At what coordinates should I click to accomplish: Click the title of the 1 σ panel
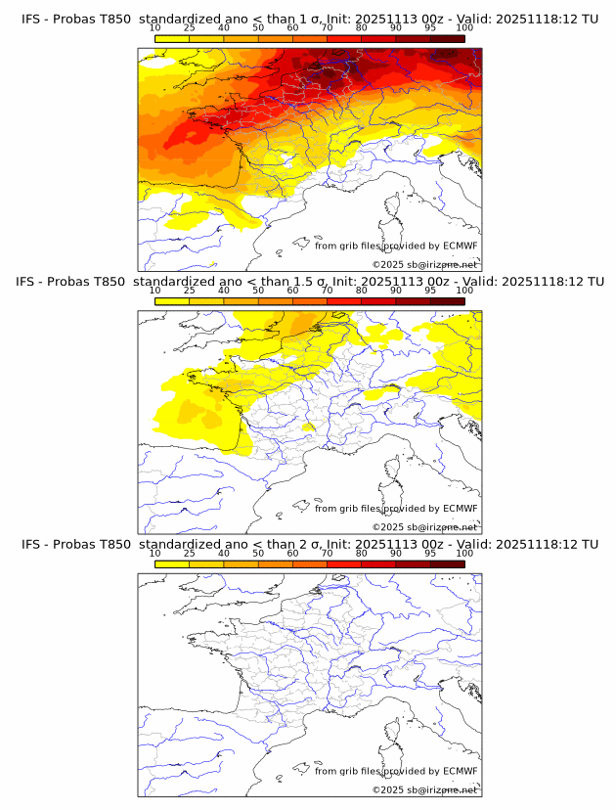tap(309, 19)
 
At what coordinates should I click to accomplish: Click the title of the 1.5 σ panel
tap(309, 282)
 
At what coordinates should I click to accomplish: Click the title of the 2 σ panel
tap(309, 545)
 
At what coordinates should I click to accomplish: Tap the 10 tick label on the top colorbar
tap(155, 28)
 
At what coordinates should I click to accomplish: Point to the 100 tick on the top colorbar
tap(464, 28)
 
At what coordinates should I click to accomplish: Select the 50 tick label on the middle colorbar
tap(258, 292)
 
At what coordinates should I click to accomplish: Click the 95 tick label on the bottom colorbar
tap(430, 555)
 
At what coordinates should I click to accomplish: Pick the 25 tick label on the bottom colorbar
tap(190, 555)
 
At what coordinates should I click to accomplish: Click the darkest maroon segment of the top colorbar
tap(447, 38)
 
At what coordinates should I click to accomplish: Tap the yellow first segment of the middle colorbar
tap(172, 301)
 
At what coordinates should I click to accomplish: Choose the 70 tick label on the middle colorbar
tap(327, 292)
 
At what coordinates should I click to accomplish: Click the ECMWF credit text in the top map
tap(396, 247)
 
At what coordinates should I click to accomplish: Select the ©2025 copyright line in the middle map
tap(424, 527)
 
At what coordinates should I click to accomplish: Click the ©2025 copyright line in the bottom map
tap(424, 790)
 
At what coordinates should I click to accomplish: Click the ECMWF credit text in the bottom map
tap(396, 772)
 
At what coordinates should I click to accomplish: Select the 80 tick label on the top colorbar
tap(362, 28)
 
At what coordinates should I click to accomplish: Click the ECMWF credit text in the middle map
tap(396, 509)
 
